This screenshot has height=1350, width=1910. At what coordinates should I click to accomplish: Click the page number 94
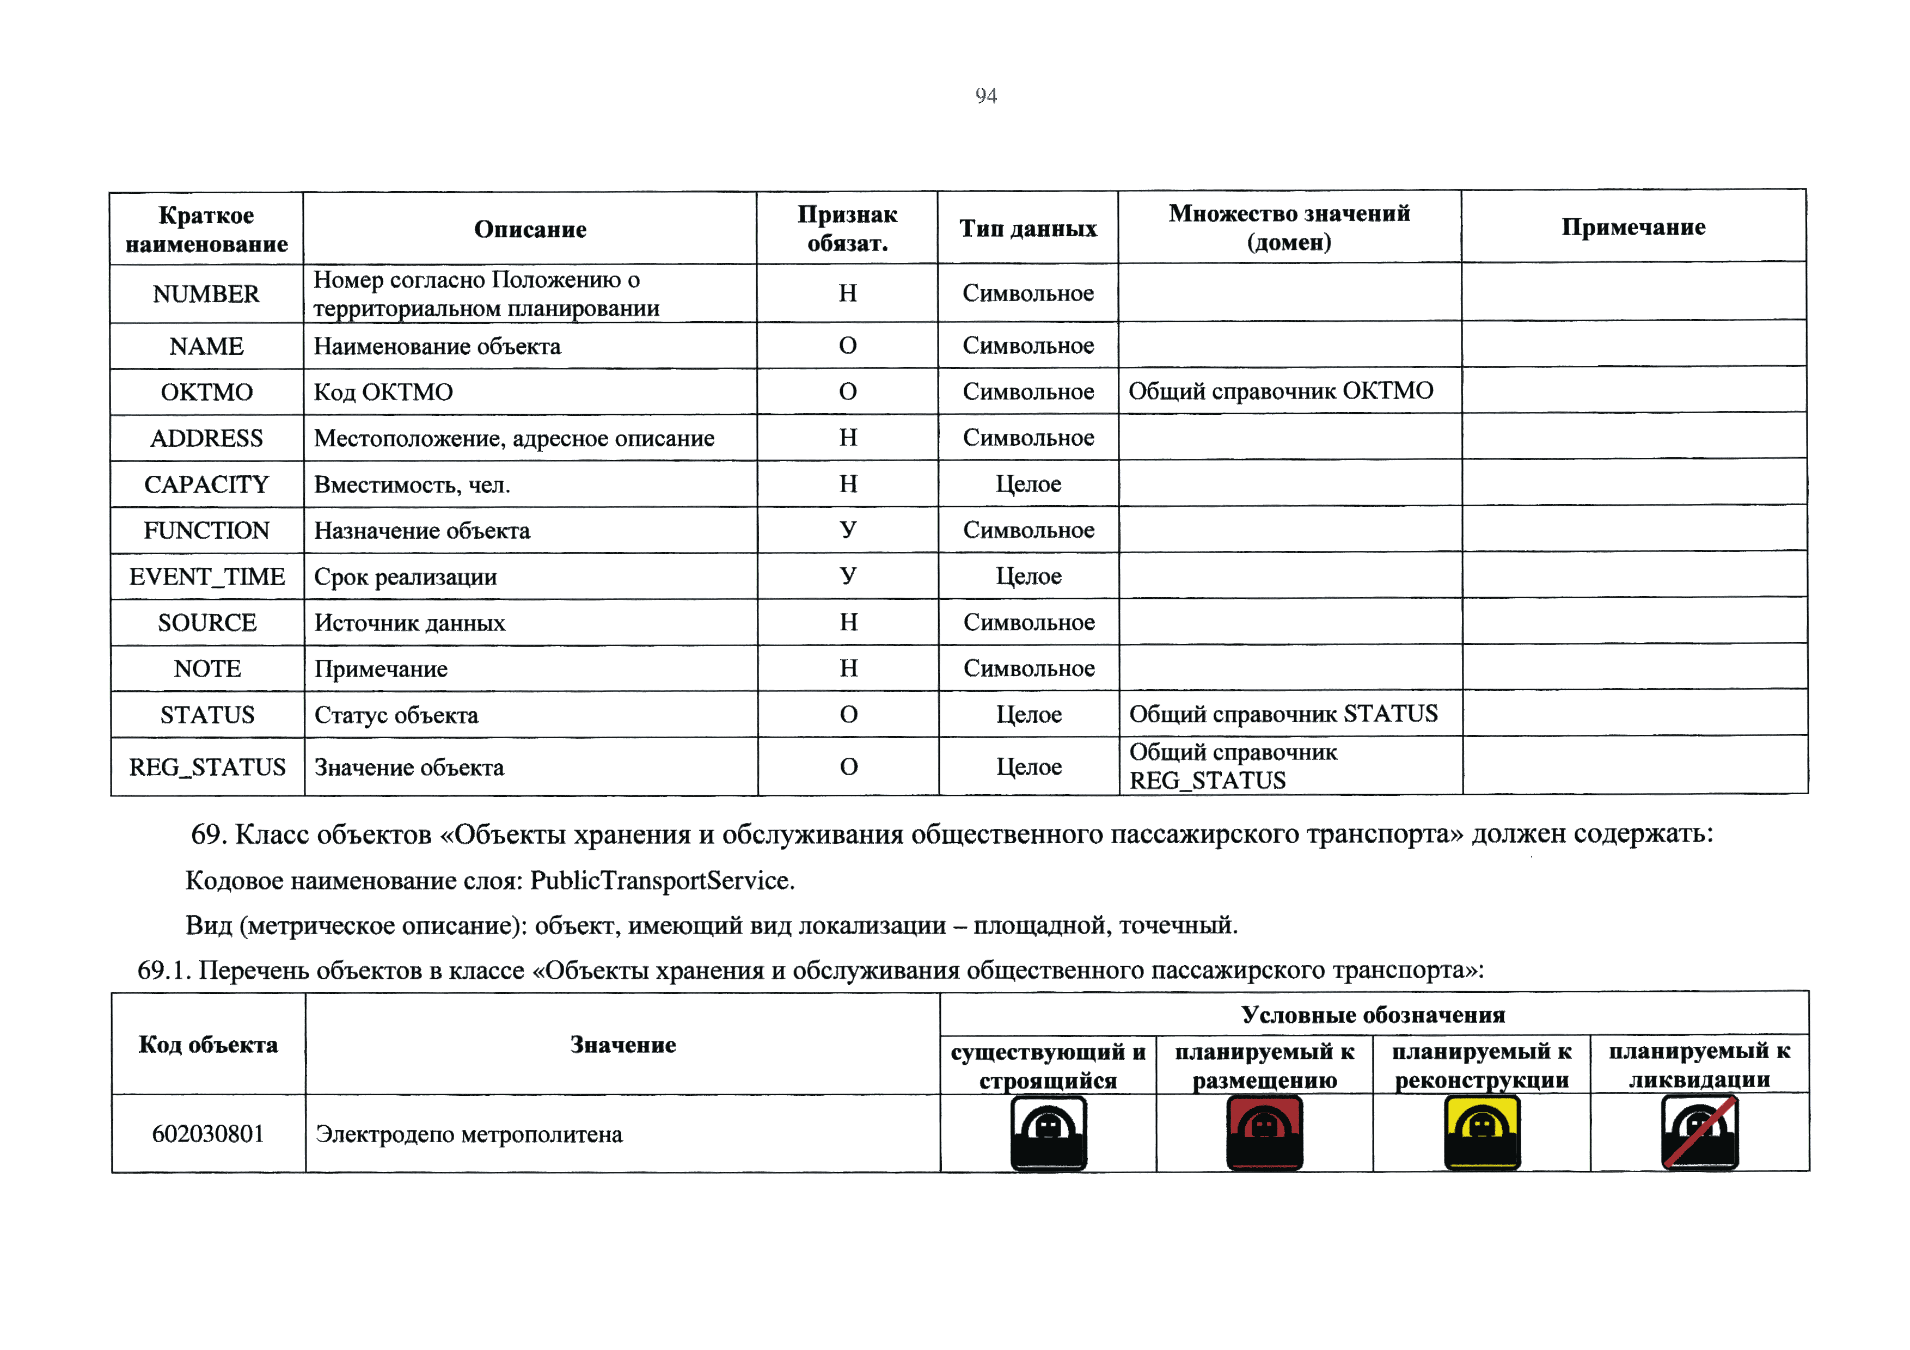tap(986, 96)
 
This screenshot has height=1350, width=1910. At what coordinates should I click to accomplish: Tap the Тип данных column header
tap(1027, 228)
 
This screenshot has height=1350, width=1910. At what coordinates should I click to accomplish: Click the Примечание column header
tap(1633, 226)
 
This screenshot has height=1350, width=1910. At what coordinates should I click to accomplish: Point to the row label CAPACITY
tap(206, 484)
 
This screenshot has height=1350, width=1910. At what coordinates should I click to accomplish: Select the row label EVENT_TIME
tap(206, 576)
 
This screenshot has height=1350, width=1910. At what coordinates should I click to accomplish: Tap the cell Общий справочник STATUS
tap(1283, 714)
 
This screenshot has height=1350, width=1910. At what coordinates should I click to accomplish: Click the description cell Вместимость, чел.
tap(412, 484)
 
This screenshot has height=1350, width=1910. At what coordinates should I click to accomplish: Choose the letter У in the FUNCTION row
tap(848, 530)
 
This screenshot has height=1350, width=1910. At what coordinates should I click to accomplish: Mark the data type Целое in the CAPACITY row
tap(1028, 484)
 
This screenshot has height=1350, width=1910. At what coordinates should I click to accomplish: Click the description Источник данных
tap(409, 623)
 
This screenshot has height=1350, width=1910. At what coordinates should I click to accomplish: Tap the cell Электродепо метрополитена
tap(468, 1134)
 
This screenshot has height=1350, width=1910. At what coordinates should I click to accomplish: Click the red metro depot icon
tap(1264, 1132)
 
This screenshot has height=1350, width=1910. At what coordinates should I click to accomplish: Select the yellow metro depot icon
tap(1482, 1132)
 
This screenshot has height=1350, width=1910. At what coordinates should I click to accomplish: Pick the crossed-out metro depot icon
tap(1699, 1132)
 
